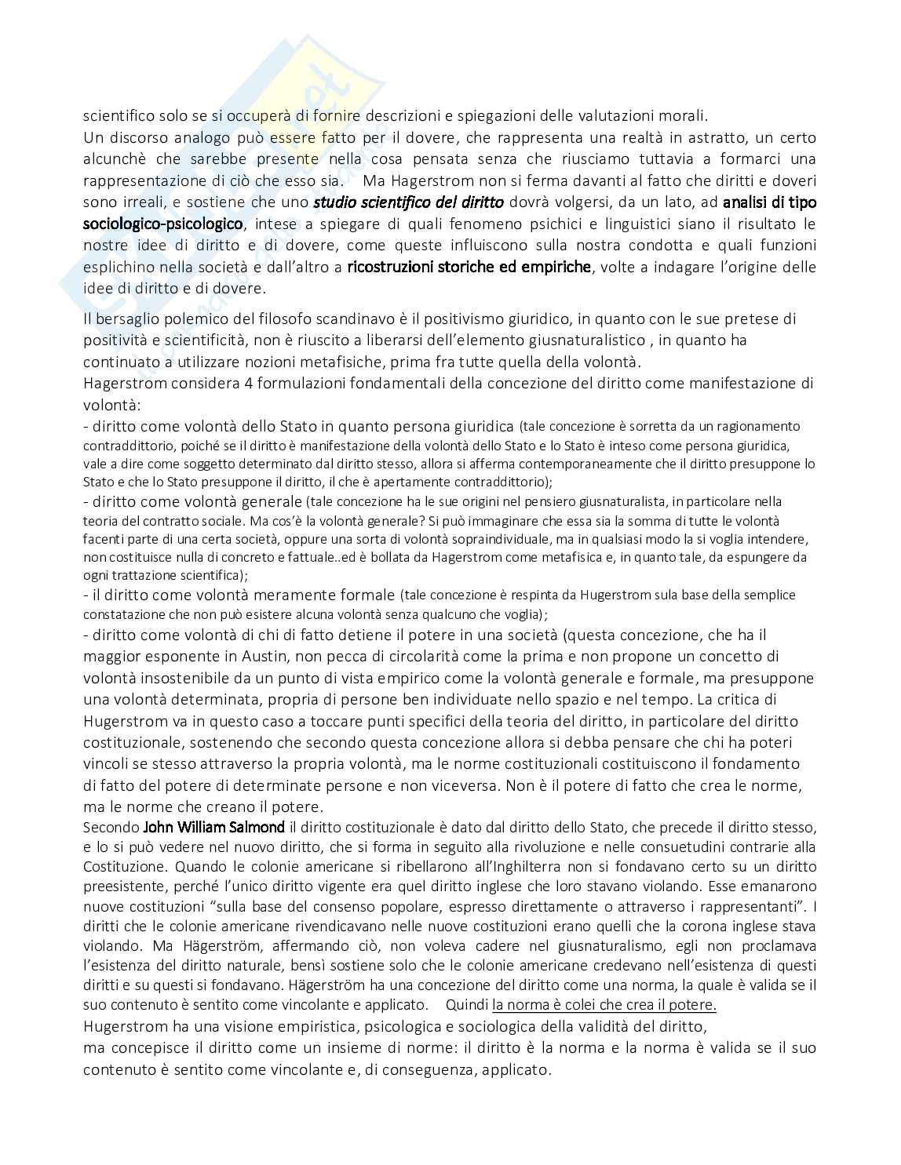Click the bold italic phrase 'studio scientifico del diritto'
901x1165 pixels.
click(x=408, y=202)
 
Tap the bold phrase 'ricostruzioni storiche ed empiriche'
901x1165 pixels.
click(x=469, y=266)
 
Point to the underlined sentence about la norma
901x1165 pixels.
click(x=604, y=1005)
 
